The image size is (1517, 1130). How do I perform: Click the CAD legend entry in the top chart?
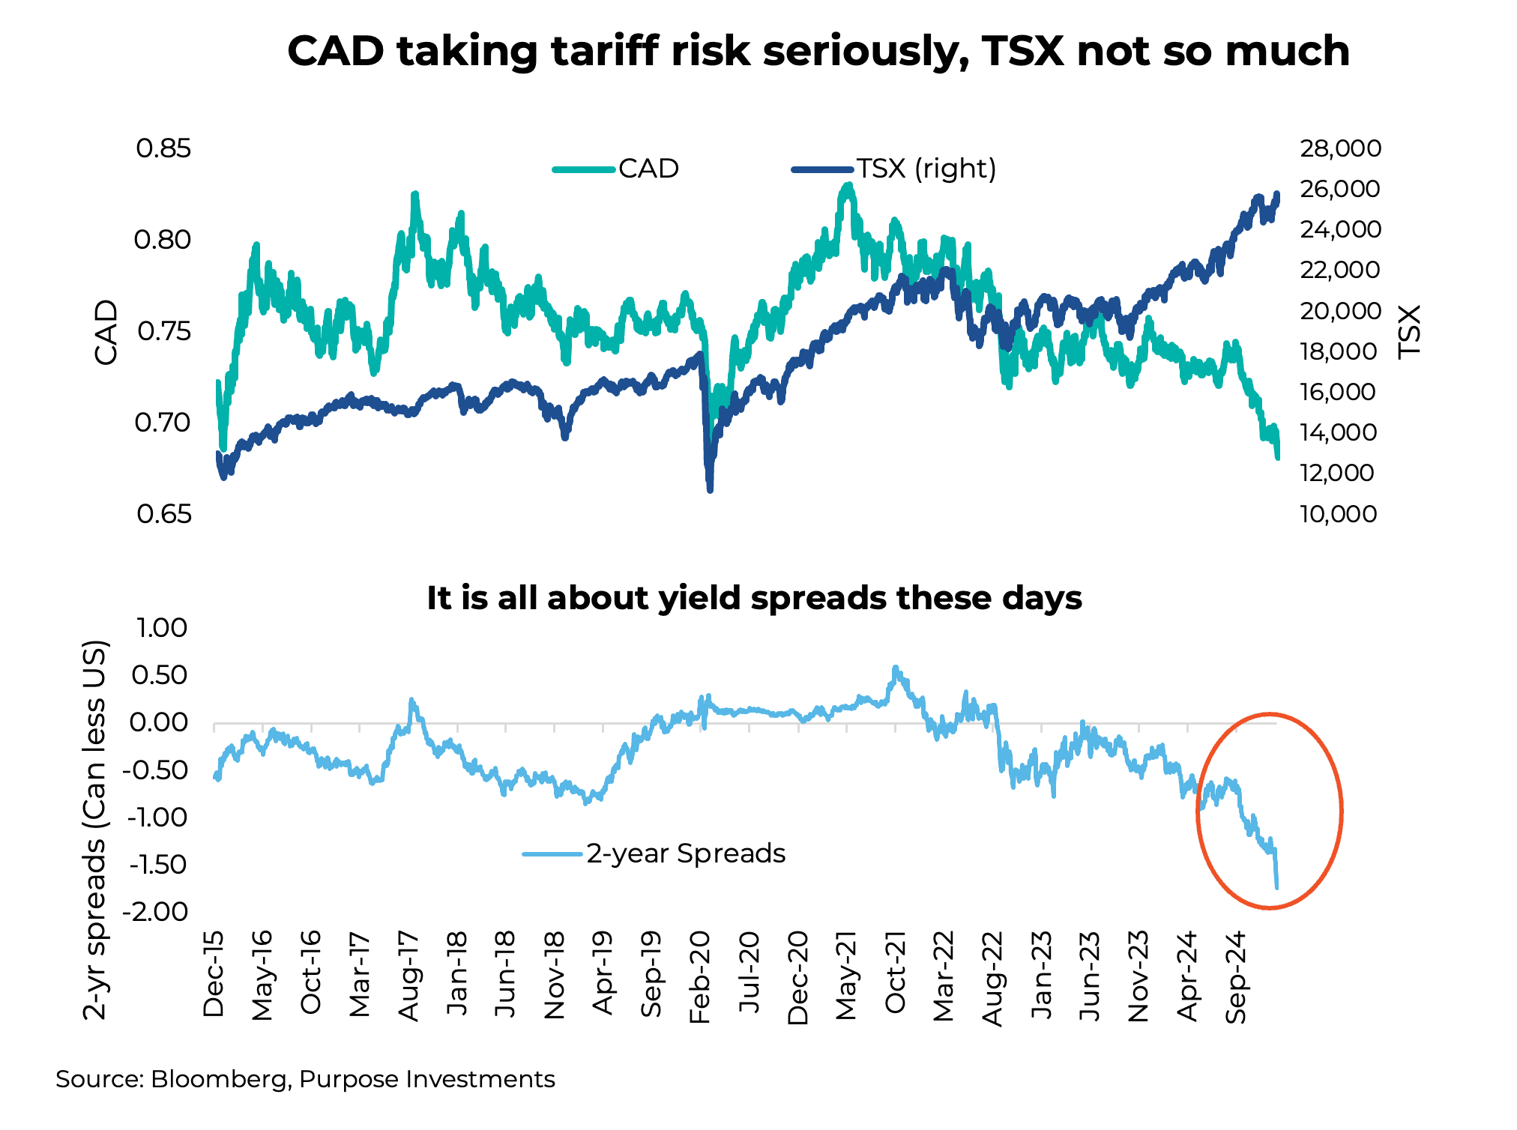648,169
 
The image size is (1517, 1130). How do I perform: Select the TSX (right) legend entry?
926,169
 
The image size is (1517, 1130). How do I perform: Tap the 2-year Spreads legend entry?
685,853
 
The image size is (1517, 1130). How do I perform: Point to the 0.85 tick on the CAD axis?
163,148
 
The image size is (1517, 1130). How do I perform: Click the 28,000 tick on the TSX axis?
1340,148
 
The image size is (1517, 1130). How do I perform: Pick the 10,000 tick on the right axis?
1339,514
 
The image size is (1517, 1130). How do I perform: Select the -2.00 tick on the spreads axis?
158,912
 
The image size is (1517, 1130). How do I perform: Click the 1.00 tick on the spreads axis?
162,628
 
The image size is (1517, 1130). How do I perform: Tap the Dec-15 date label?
214,974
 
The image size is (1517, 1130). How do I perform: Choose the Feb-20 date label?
700,977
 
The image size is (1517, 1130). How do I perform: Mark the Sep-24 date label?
1236,977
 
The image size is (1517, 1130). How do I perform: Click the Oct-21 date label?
895,973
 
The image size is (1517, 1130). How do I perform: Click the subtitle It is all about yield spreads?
754,598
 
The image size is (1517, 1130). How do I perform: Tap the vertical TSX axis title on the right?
1410,332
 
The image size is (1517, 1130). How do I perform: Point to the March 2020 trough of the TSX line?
710,489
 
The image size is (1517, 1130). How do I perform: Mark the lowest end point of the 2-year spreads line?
1276,887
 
